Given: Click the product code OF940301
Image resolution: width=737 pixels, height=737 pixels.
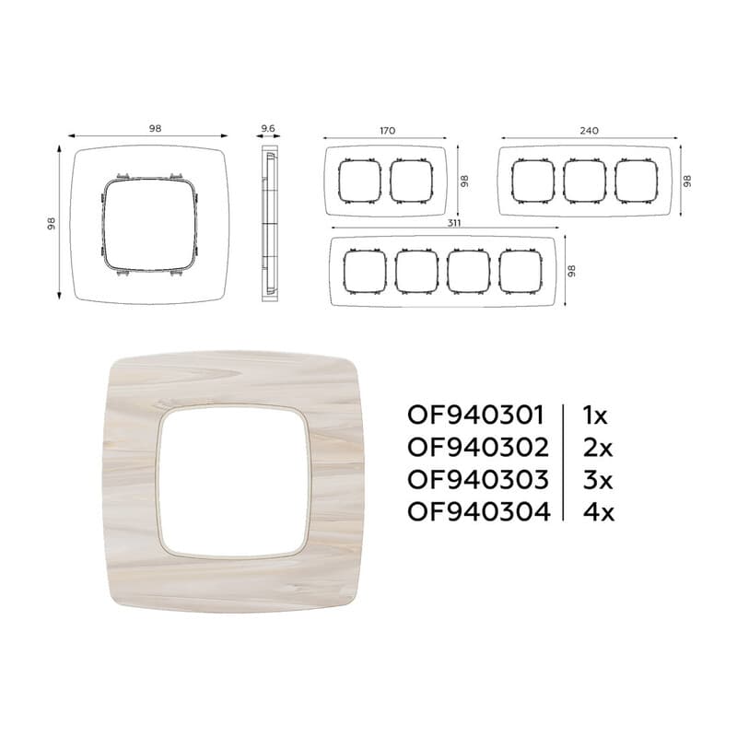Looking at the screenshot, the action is coord(475,415).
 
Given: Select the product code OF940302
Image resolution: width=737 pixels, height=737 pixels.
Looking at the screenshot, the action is coord(477,448).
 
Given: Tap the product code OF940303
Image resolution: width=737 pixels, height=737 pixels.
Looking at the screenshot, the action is coord(477,479).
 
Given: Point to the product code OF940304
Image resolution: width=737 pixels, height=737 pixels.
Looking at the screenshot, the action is coord(478,511).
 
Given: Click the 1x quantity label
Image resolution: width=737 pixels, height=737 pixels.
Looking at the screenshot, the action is coord(595,415).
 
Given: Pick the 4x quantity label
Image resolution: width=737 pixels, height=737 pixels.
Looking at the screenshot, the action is coord(599,512).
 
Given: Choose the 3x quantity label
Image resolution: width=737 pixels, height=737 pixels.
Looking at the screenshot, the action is coord(598,479).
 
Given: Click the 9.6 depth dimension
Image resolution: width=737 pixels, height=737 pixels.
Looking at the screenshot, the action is coord(268,128).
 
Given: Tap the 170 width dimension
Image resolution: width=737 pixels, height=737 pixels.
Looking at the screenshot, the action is coord(387,131).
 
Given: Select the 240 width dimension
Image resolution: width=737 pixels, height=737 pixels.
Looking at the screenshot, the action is coord(589,131).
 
